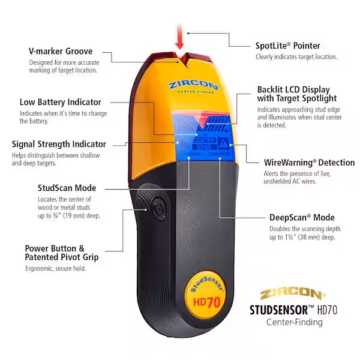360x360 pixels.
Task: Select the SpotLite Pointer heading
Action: pos(287,46)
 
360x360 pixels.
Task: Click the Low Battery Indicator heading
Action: pos(60,102)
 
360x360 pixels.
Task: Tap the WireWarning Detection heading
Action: pos(310,163)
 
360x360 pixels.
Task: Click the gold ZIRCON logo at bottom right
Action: pos(294,294)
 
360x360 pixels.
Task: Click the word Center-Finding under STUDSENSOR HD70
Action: pos(294,322)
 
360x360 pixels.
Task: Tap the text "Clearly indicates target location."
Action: pos(296,57)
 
